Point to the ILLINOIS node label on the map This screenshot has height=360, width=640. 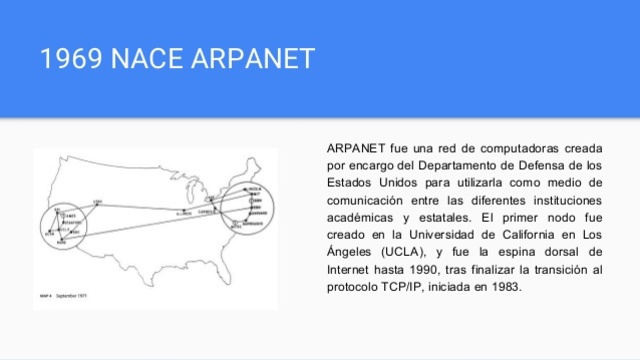[x=183, y=213]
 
